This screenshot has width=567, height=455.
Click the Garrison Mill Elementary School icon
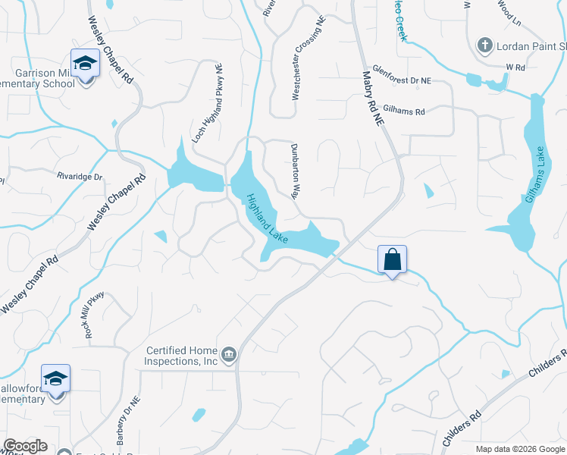click(x=85, y=62)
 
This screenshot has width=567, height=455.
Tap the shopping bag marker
click(x=393, y=259)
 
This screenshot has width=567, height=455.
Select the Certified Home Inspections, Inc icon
click(x=228, y=354)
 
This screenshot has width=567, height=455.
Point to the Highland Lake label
click(x=266, y=218)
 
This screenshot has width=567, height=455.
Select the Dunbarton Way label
click(x=293, y=171)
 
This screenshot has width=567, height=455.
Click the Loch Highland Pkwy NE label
click(x=208, y=104)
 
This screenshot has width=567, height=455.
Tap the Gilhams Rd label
click(x=404, y=110)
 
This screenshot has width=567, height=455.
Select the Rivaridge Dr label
click(x=79, y=176)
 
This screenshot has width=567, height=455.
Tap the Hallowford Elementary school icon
click(x=56, y=378)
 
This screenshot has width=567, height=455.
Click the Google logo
click(x=25, y=446)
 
